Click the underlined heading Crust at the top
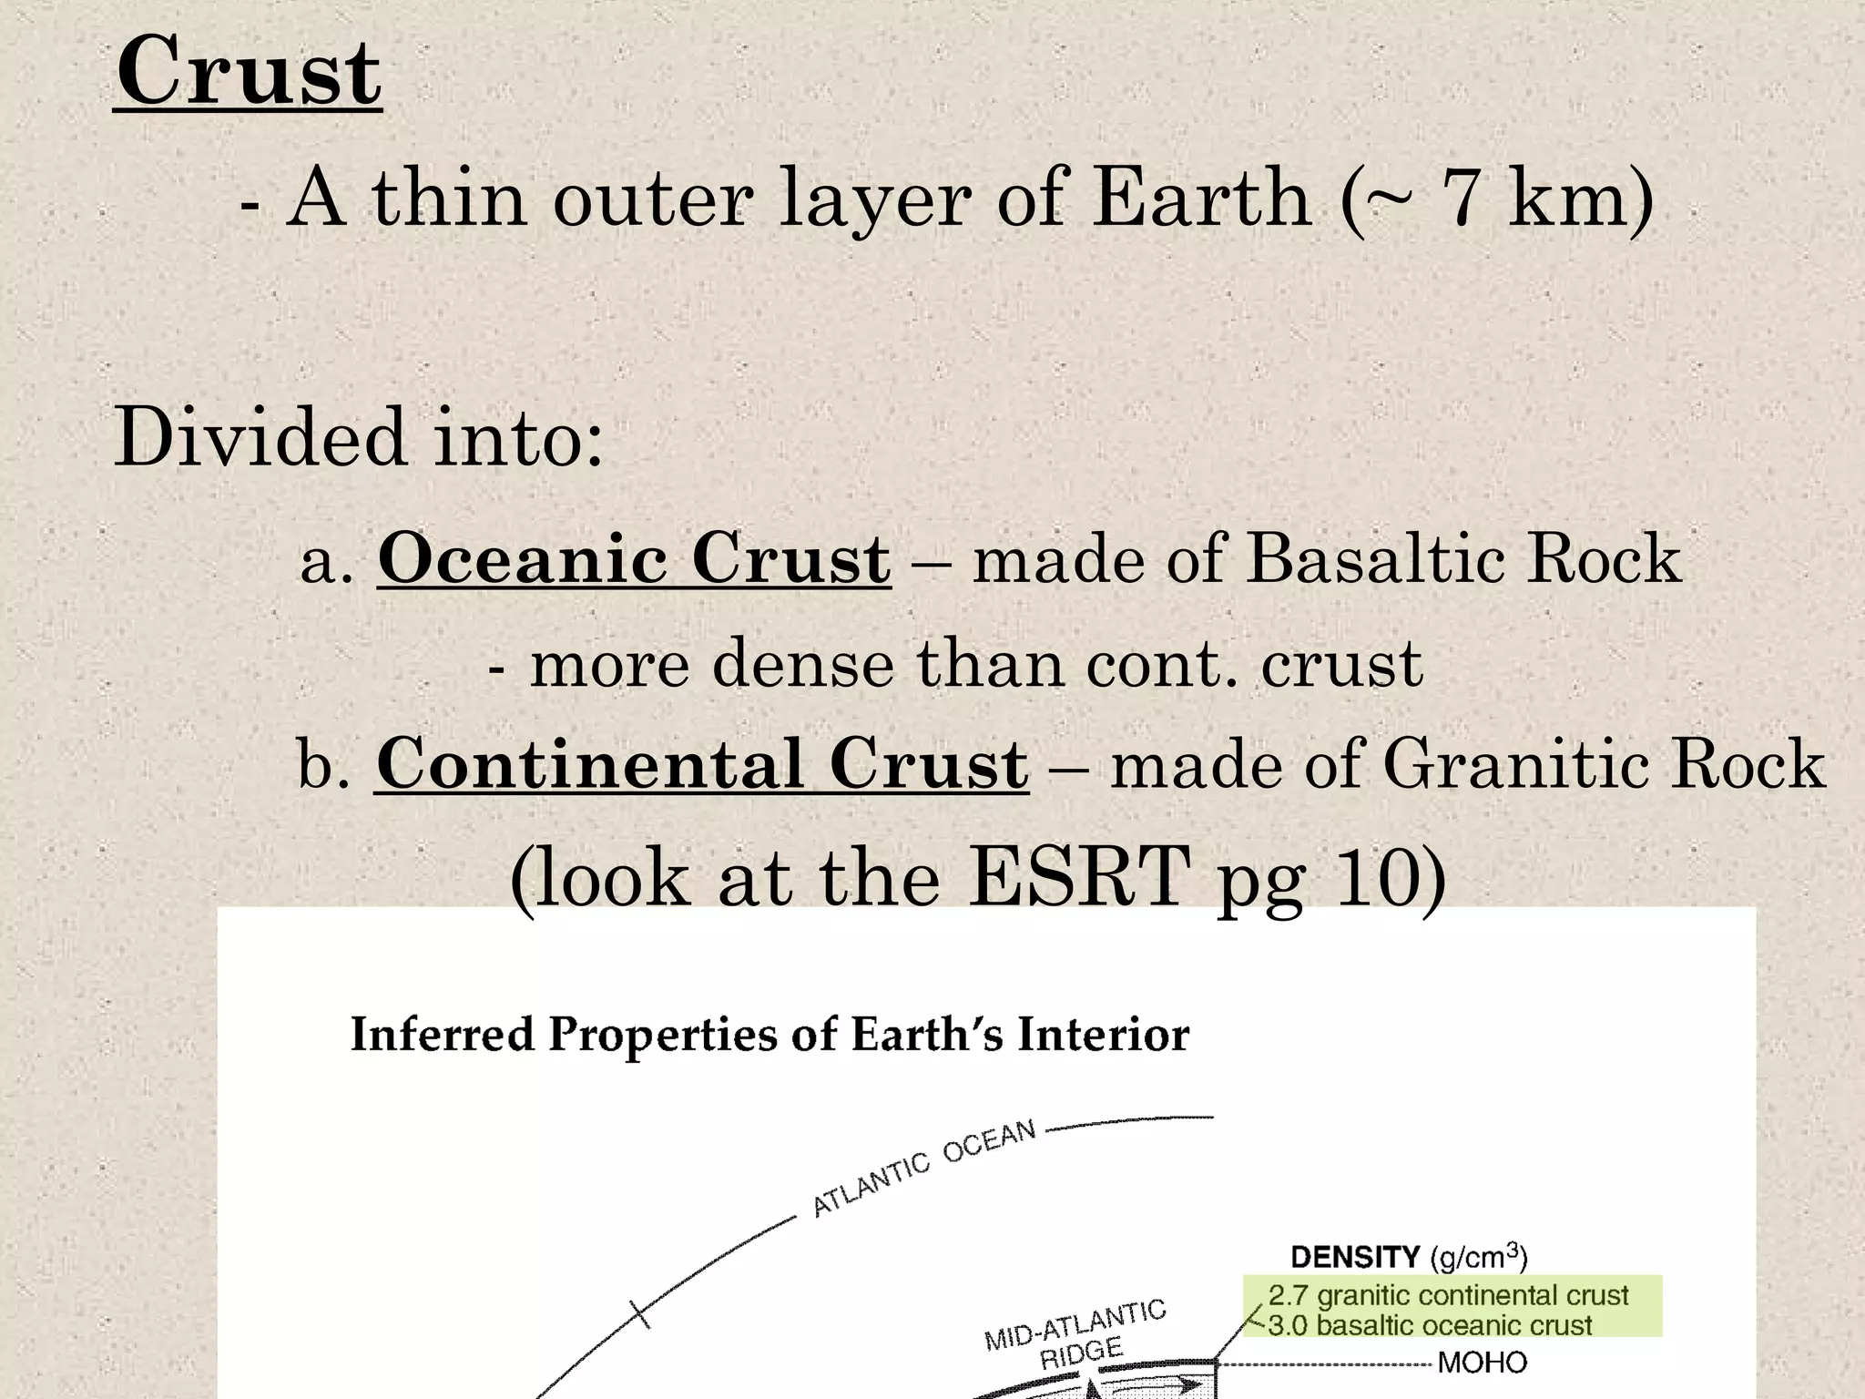[x=248, y=73]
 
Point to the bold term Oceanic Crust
[x=634, y=558]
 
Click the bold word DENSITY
[x=1354, y=1258]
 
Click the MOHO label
[x=1482, y=1363]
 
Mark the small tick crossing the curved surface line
[x=640, y=1314]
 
